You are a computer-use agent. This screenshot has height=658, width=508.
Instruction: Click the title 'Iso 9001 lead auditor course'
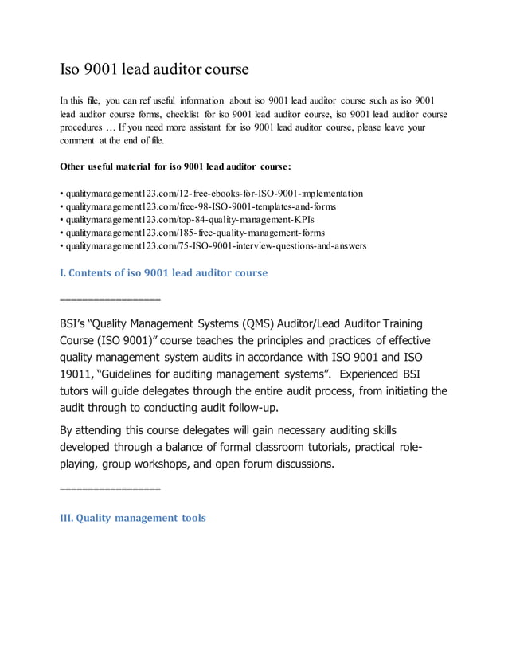click(x=155, y=69)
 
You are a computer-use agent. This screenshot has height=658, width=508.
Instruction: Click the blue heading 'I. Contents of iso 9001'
click(x=164, y=272)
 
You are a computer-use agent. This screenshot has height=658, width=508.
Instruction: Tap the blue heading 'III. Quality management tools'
click(x=133, y=518)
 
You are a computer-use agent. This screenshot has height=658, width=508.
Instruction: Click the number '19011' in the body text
click(x=78, y=374)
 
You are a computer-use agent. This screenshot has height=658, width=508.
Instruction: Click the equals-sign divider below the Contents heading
click(x=110, y=300)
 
